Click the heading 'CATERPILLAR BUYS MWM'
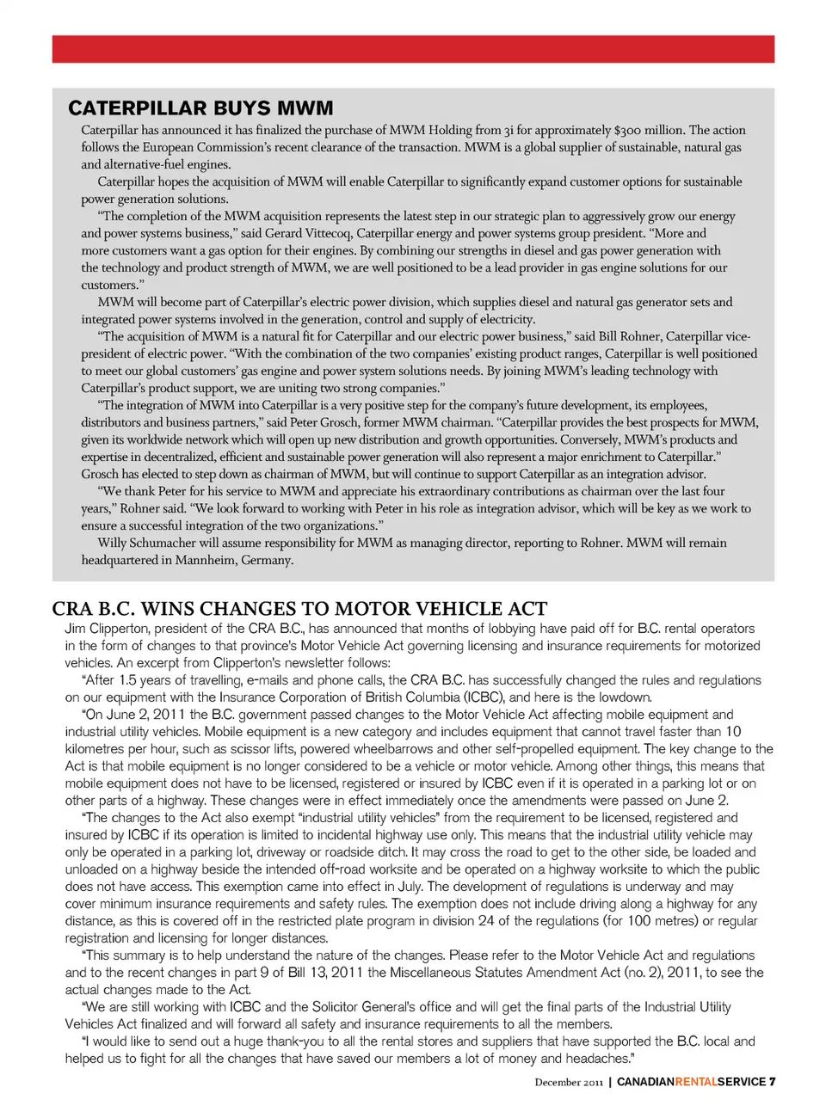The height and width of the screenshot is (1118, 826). tap(200, 108)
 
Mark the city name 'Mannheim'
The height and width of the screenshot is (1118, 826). tap(209, 560)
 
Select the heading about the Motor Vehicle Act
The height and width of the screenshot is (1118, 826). tap(299, 609)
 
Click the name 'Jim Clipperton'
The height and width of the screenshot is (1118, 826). tap(106, 629)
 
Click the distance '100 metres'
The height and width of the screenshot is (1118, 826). tap(660, 921)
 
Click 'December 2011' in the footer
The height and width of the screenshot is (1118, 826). tap(569, 1082)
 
